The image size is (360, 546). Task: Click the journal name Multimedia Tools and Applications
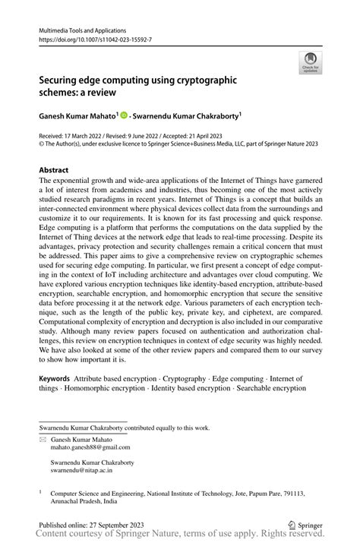click(82, 31)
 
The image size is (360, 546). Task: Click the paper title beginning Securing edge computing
click(139, 84)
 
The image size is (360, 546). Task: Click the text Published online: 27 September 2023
click(96, 524)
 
